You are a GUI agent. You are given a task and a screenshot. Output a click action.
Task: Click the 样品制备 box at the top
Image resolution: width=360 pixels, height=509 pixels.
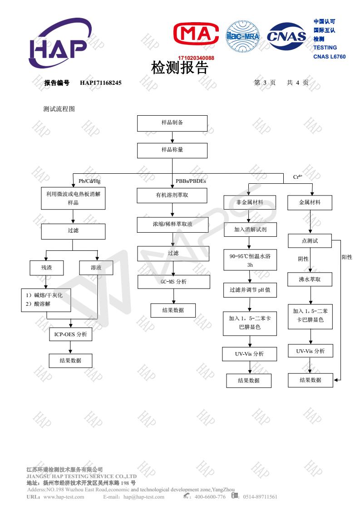tap(172, 123)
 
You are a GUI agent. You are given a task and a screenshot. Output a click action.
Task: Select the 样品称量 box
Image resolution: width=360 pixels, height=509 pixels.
tap(172, 150)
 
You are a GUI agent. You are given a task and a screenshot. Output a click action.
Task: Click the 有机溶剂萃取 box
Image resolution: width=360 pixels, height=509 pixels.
tap(172, 196)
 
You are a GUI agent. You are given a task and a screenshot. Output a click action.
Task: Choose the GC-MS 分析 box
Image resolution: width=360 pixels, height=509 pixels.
tap(174, 282)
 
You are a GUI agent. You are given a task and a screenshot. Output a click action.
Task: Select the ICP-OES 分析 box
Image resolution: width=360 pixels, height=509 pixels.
tap(70, 335)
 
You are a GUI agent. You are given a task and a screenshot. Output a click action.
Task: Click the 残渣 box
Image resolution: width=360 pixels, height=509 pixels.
tap(46, 268)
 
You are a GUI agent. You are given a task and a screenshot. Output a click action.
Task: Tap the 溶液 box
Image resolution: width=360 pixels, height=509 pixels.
tap(96, 268)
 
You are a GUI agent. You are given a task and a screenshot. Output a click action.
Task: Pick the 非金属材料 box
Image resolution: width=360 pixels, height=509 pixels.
tap(250, 202)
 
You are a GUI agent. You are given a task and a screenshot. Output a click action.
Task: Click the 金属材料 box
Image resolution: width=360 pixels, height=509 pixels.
tap(310, 202)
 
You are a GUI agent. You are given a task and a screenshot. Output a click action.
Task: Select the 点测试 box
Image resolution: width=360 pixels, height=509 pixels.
tap(310, 241)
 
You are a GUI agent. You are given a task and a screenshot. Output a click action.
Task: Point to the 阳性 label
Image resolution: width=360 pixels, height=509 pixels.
tap(346, 257)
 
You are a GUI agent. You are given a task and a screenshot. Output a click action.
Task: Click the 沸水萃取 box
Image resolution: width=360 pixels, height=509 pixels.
tap(310, 279)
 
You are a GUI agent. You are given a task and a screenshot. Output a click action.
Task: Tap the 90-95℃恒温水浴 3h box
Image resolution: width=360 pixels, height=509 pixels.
tap(250, 260)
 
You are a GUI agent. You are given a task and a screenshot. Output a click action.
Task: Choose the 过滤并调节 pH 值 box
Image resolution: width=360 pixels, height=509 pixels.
tap(250, 289)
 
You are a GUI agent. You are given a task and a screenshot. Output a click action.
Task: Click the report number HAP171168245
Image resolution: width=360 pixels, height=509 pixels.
tap(101, 83)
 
